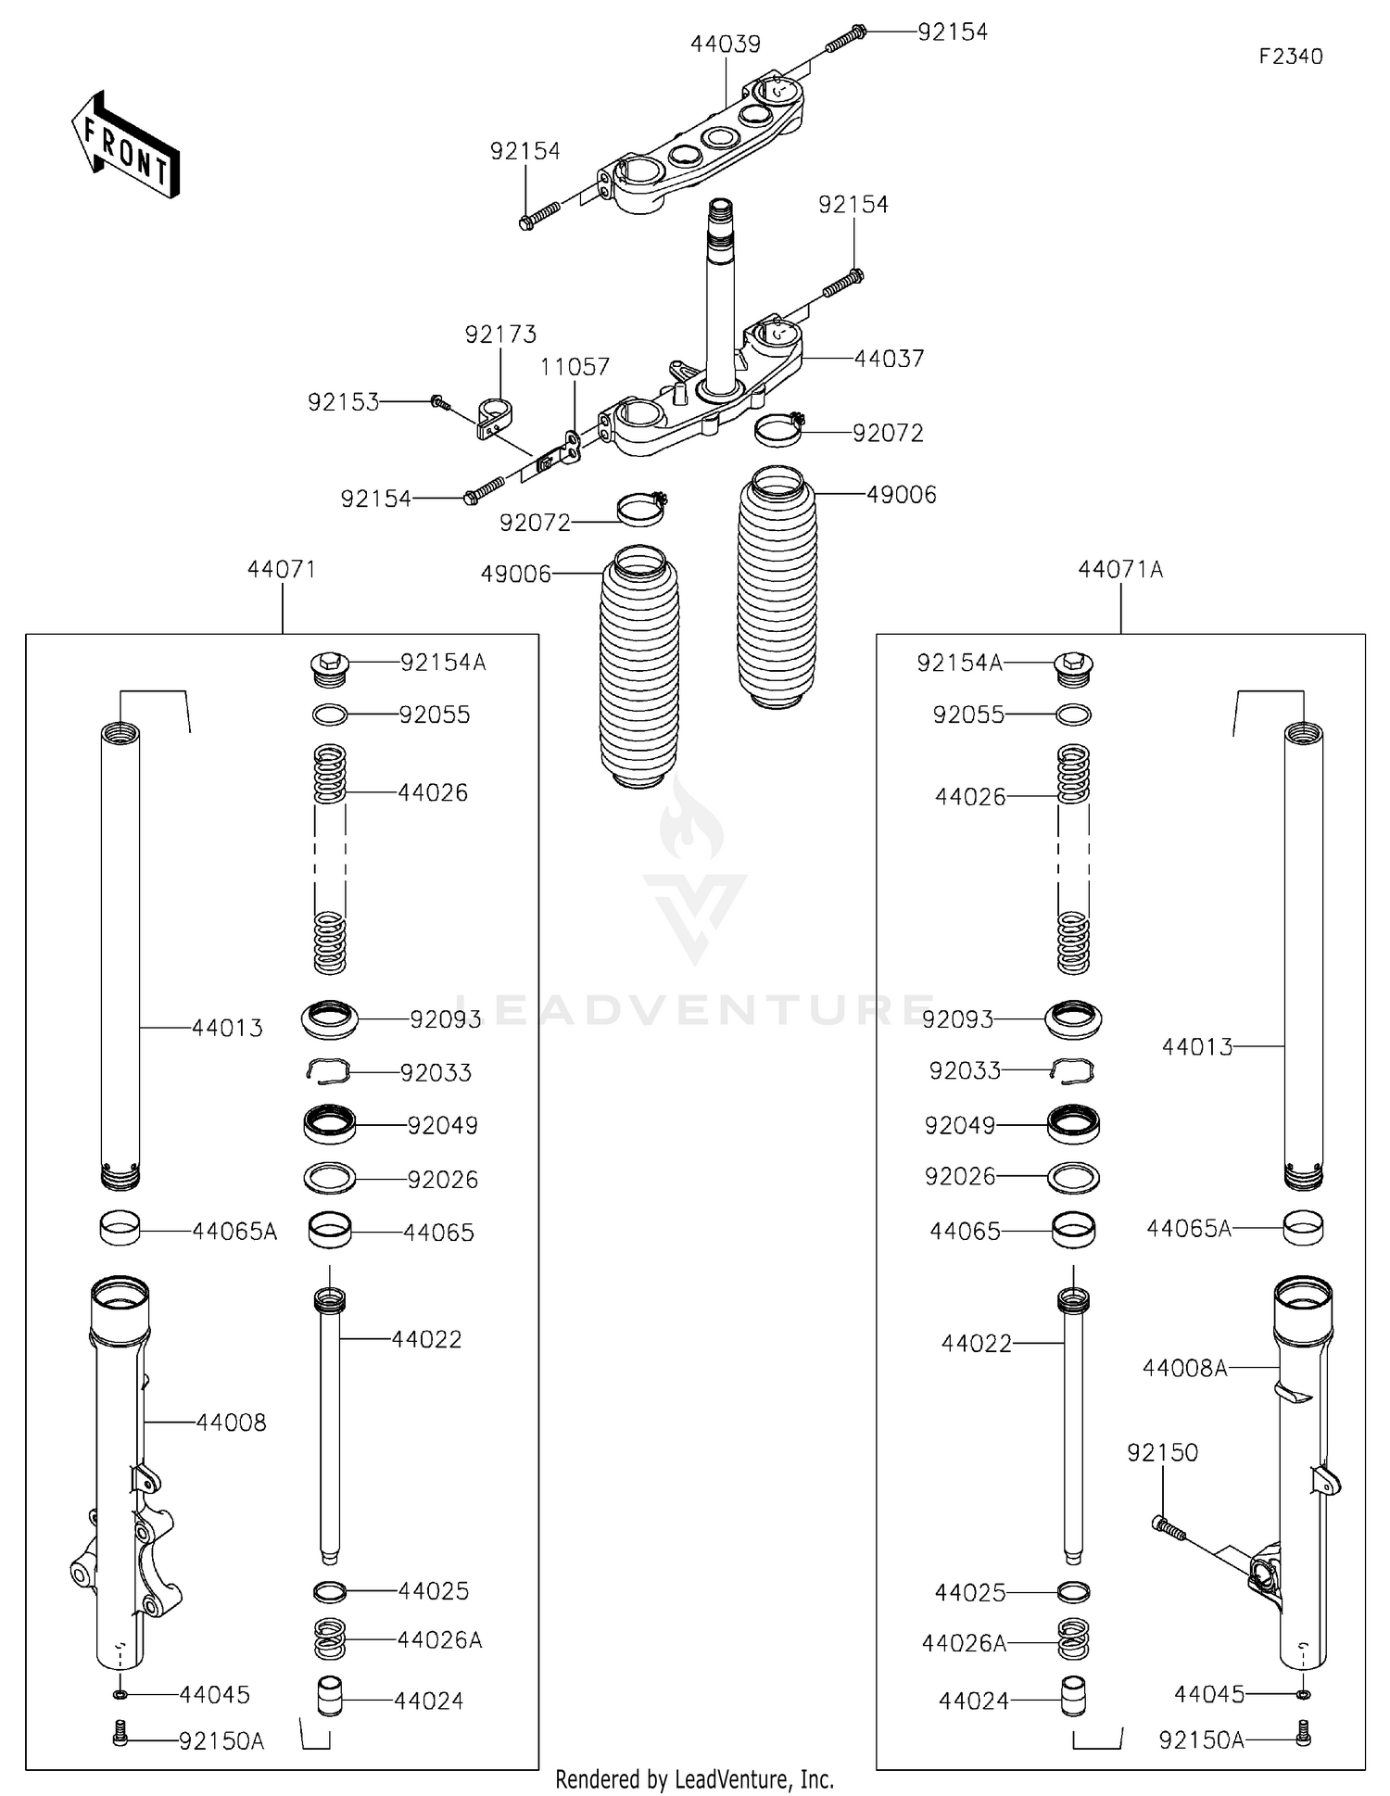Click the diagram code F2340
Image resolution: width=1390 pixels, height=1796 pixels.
[1290, 57]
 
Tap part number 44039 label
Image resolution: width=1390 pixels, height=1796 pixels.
[725, 44]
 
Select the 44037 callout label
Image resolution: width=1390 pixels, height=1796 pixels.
[889, 359]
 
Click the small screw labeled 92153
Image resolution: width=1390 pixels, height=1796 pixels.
[440, 402]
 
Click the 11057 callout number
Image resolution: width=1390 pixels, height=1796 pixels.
[575, 367]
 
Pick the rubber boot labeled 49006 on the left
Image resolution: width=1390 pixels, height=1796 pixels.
[639, 667]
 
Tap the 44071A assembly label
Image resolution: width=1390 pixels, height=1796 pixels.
[1119, 569]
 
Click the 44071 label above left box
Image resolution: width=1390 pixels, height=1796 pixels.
[282, 569]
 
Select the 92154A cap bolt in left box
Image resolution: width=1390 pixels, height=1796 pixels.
[329, 667]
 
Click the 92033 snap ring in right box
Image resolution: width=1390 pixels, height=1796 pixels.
[1073, 1071]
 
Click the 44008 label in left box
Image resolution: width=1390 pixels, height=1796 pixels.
[231, 1423]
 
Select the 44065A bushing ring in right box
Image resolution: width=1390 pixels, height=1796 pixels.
[1303, 1228]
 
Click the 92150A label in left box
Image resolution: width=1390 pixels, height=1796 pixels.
[221, 1741]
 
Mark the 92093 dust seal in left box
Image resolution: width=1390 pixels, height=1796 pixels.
[329, 1018]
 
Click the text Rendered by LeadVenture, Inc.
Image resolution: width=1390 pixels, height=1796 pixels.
[694, 1779]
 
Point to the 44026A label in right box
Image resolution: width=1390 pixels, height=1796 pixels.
[964, 1643]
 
